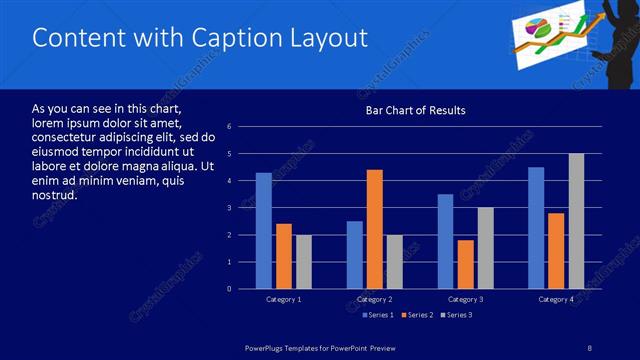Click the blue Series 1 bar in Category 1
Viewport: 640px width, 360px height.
pos(264,231)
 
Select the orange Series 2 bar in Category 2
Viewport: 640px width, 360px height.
pos(375,229)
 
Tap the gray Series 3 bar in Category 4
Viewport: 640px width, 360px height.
pos(576,221)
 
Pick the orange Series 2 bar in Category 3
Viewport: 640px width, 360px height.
pos(465,264)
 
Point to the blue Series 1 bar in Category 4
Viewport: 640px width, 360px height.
pos(536,228)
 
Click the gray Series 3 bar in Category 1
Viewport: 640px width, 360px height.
pos(304,262)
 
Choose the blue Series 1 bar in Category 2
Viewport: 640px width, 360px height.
pos(355,255)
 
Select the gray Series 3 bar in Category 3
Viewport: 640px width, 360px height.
pos(485,248)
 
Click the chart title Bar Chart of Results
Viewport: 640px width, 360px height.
pos(415,110)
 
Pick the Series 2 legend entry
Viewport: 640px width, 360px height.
pos(415,315)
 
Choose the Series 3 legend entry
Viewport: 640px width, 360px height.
pos(456,315)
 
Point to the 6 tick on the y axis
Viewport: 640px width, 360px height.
pos(230,127)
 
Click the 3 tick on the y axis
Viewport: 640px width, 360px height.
pos(230,208)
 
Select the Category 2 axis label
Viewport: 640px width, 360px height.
pos(375,299)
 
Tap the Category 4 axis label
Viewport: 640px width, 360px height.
pos(556,299)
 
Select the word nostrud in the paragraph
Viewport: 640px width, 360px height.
pos(55,194)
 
